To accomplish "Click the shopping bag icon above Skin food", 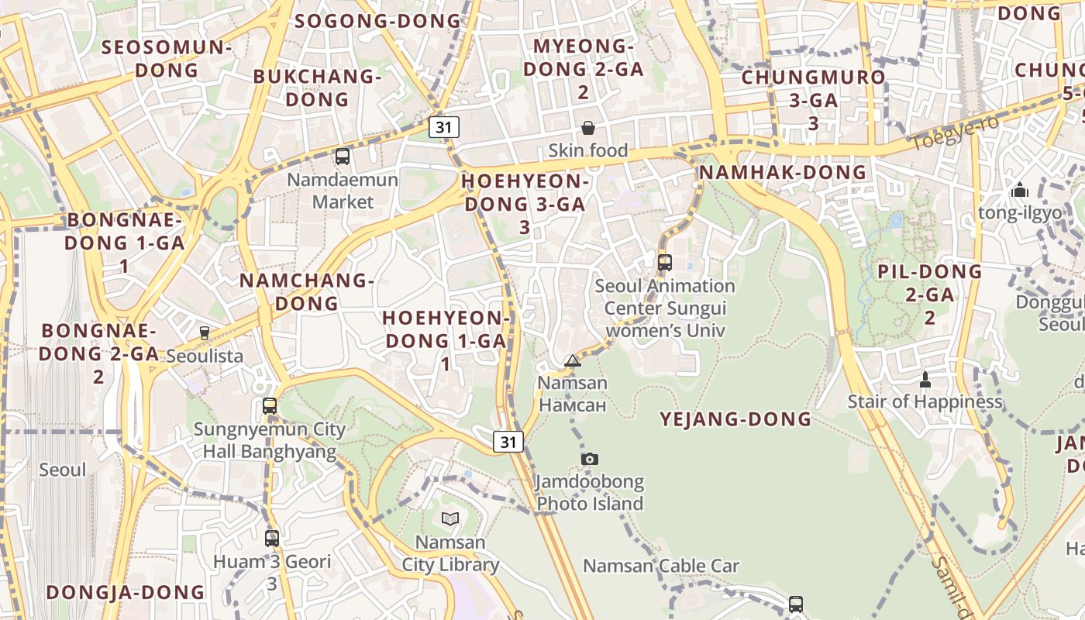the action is click(588, 128).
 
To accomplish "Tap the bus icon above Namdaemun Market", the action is click(343, 157).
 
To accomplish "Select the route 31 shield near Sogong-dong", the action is click(444, 127).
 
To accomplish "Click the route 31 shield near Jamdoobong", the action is click(508, 442).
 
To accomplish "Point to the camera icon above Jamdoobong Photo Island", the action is click(590, 459).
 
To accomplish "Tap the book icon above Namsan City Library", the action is click(450, 518).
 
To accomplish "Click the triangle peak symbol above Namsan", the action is click(573, 360).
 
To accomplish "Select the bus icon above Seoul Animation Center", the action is click(665, 262).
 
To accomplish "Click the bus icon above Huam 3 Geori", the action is click(272, 538).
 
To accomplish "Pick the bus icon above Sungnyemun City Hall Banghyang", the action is click(270, 405).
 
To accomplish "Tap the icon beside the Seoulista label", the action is click(205, 333).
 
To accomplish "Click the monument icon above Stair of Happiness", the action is click(925, 380).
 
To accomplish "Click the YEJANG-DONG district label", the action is click(735, 419).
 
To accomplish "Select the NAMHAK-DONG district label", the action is click(782, 172).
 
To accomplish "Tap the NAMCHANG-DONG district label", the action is click(307, 291).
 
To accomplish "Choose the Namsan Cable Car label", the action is click(661, 566).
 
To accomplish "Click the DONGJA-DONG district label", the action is click(126, 592).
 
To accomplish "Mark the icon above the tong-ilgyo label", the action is click(1019, 190).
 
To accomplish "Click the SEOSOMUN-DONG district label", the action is click(167, 58).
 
